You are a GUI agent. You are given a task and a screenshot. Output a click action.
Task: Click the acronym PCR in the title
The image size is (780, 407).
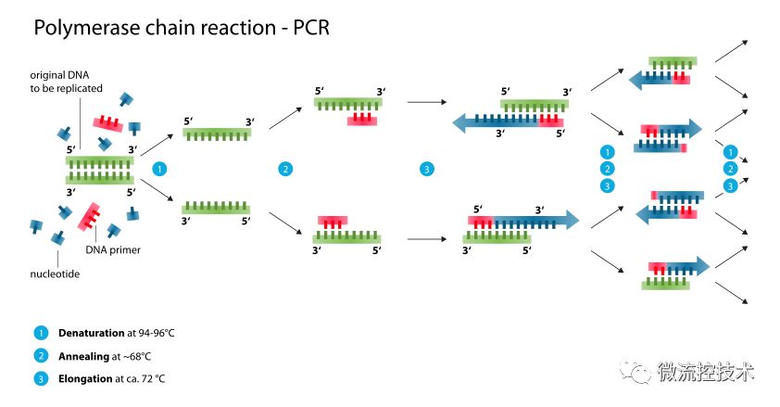311,28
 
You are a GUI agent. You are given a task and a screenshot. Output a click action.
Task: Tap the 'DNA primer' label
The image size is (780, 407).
113,249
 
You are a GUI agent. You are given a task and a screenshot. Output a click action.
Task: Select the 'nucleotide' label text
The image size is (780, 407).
55,273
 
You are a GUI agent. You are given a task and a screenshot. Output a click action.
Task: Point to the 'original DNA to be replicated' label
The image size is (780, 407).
66,82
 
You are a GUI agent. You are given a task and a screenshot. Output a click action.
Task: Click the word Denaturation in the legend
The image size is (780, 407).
92,333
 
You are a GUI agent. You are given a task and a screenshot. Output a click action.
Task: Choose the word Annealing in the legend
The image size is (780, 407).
83,357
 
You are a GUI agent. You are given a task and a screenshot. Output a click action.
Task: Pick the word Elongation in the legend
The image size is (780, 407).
85,378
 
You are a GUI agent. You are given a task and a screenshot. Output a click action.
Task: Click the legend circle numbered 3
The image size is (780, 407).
41,379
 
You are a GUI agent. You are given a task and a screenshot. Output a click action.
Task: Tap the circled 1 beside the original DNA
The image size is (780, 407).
159,169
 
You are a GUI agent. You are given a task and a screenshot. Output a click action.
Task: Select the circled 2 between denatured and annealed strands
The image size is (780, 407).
285,169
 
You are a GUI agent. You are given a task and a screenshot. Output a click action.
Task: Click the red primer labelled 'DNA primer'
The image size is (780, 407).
89,216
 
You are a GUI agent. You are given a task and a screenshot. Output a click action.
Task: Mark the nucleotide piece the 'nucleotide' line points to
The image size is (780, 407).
58,238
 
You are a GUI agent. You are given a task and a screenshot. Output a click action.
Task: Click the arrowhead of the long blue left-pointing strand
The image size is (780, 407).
459,122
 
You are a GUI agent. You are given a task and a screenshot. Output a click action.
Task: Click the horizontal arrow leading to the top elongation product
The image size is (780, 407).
427,102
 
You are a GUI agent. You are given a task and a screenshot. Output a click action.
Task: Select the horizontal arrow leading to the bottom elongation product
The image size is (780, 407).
427,239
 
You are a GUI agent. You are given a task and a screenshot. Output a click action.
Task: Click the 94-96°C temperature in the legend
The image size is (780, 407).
157,333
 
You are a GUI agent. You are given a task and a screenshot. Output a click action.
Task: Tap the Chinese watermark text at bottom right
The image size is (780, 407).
705,372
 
